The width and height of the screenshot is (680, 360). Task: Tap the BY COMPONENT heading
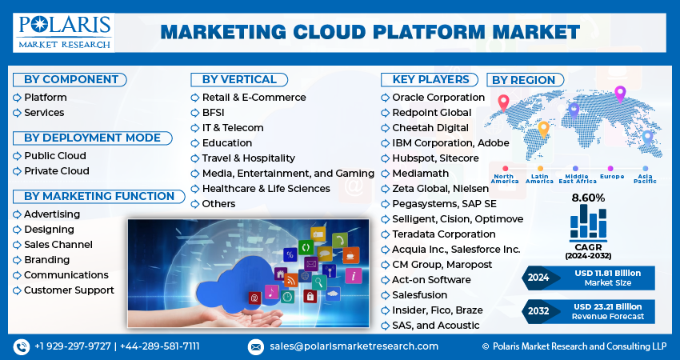(x=71, y=79)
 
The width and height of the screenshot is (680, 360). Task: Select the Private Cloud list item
(x=56, y=171)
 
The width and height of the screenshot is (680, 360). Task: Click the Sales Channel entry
(x=58, y=245)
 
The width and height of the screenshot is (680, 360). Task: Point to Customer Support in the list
(x=69, y=290)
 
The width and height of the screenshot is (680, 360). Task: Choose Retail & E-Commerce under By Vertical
(x=254, y=98)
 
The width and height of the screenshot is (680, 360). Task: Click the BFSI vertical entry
(x=214, y=113)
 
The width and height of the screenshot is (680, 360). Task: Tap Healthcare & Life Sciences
(x=266, y=189)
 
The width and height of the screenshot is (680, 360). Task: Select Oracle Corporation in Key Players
(x=438, y=98)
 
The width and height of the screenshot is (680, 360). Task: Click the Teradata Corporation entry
(x=443, y=234)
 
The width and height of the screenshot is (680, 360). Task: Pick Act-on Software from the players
(x=431, y=280)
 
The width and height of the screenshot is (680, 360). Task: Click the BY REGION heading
(x=522, y=80)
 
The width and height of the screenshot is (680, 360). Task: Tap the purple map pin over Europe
(x=619, y=94)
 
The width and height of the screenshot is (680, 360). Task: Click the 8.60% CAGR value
(x=588, y=198)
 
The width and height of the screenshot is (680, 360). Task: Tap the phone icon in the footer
(x=21, y=346)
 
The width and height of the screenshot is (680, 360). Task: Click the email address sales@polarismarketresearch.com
(x=353, y=346)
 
